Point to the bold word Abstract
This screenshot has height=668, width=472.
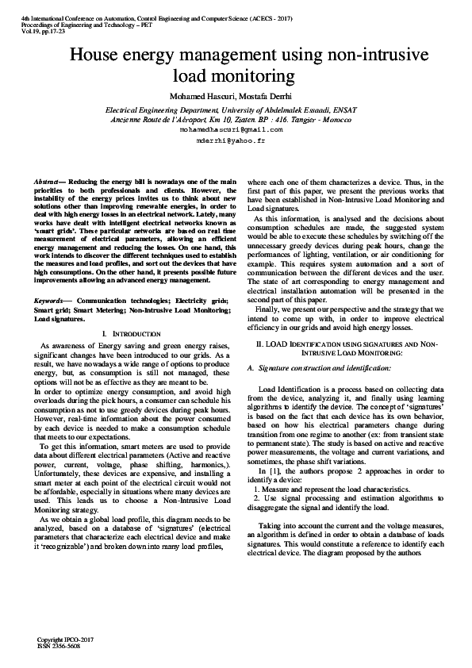[48, 182]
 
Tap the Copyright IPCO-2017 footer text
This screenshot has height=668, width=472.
[66, 639]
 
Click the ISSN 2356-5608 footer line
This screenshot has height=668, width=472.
[59, 646]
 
